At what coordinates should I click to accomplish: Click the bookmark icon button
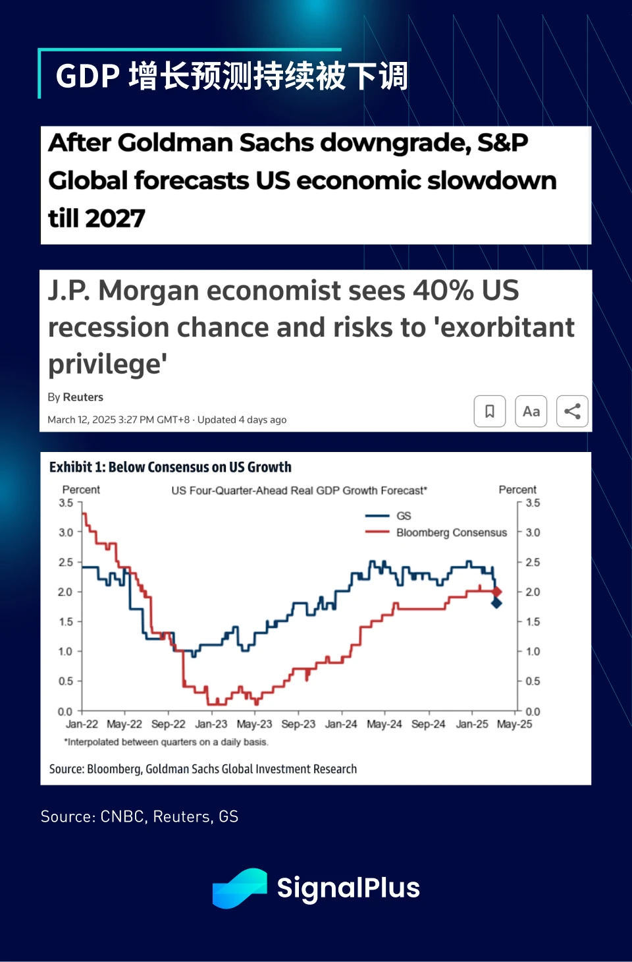(490, 411)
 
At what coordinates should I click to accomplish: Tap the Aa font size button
(531, 411)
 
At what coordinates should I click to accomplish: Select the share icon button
(572, 411)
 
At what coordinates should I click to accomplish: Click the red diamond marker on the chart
(496, 592)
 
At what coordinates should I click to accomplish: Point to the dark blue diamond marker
(496, 602)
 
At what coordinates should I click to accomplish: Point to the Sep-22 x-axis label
(169, 724)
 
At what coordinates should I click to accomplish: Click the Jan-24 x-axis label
(341, 724)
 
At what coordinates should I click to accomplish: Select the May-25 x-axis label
(514, 724)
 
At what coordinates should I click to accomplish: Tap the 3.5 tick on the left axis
(66, 503)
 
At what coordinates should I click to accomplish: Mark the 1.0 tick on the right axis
(533, 652)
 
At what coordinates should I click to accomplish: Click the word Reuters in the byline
(83, 397)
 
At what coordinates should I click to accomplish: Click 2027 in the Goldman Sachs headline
(115, 219)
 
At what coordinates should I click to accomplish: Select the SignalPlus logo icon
(240, 888)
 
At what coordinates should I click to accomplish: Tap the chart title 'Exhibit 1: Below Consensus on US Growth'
(171, 467)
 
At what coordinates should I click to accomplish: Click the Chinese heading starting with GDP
(232, 76)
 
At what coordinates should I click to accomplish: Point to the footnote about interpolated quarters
(166, 742)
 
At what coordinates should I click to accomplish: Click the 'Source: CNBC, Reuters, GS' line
(140, 817)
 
